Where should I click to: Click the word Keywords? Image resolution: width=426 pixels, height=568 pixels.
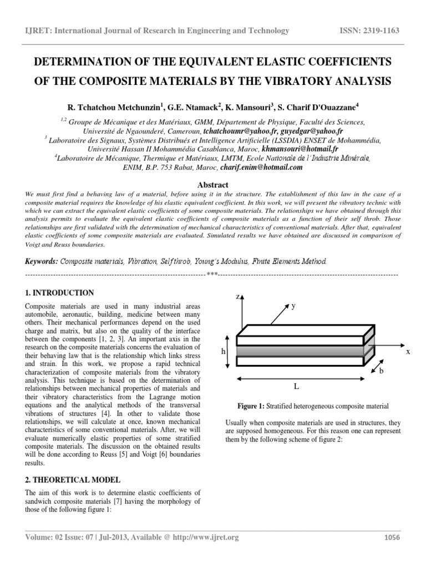pos(42,260)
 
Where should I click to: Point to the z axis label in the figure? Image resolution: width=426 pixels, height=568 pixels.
pos(237,297)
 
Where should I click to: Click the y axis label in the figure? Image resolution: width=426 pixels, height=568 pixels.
pos(293,306)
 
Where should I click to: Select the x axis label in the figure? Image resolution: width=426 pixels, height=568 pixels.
pos(408,352)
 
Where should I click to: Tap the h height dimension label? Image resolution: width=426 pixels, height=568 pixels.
pos(222,351)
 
